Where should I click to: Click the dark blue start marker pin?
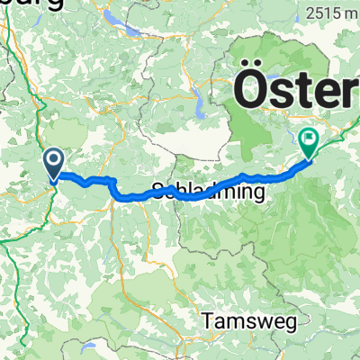pos(53,164)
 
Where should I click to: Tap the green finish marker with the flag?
pos(309,141)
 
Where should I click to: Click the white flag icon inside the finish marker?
pos(309,139)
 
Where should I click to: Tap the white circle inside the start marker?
pos(53,161)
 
